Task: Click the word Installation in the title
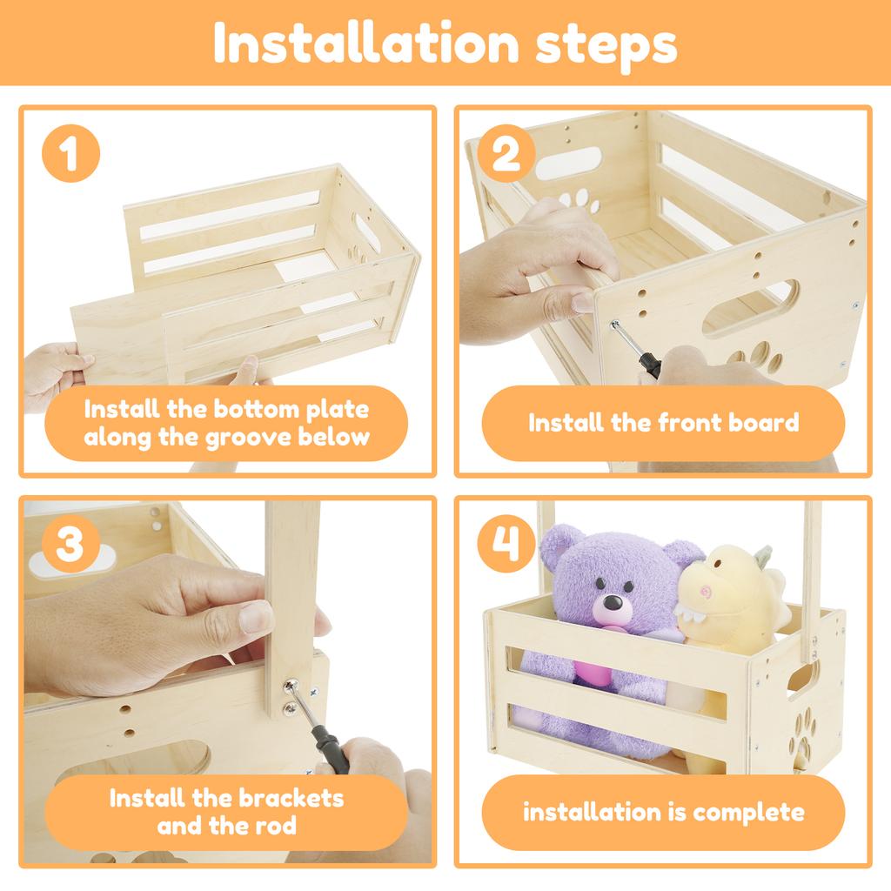[x=366, y=43]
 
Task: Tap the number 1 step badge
[x=70, y=153]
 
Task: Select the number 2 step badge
[x=506, y=153]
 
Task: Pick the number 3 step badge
[x=70, y=544]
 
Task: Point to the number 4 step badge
[x=506, y=544]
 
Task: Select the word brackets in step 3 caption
[x=285, y=799]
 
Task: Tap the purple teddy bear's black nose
[x=612, y=602]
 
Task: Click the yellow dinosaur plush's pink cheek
[x=706, y=592]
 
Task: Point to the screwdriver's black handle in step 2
[x=649, y=364]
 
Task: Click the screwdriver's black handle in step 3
[x=331, y=749]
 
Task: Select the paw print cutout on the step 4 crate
[x=803, y=734]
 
